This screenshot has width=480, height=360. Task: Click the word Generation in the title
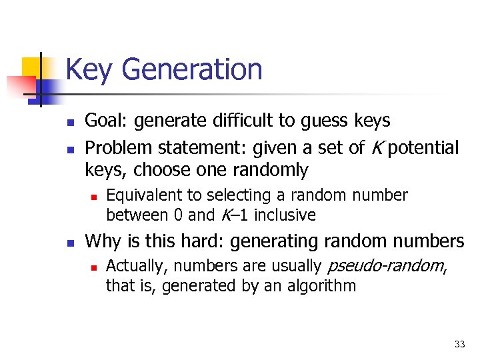click(x=193, y=70)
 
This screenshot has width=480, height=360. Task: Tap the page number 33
click(x=459, y=344)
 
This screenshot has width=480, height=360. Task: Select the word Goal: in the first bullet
click(x=107, y=121)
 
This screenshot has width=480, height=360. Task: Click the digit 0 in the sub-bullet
click(x=177, y=215)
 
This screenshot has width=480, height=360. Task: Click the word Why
click(x=102, y=240)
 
